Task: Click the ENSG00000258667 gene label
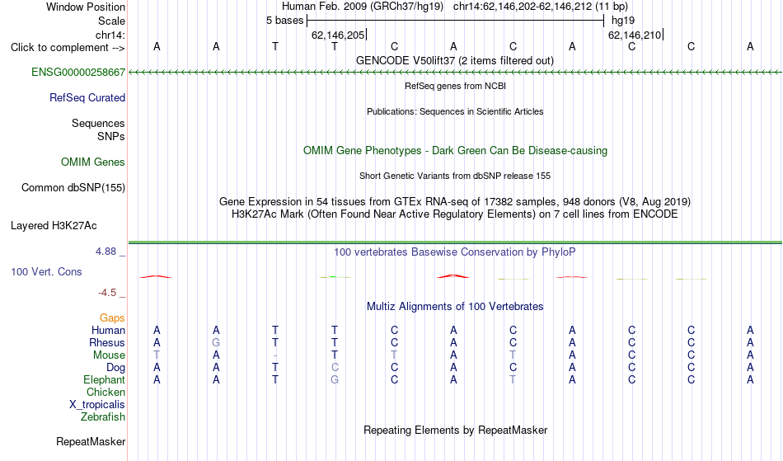[x=78, y=73]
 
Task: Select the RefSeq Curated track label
[x=87, y=98]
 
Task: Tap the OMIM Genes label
[x=92, y=162]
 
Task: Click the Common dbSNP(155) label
[x=73, y=188]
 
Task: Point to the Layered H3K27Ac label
[x=54, y=226]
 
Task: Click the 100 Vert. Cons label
[x=46, y=271]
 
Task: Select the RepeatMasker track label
[x=91, y=441]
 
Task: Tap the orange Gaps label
[x=112, y=318]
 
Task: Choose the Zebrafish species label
[x=103, y=417]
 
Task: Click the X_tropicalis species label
[x=97, y=405]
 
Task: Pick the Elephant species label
[x=104, y=380]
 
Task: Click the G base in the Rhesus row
[x=216, y=342]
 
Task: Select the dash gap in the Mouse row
[x=275, y=355]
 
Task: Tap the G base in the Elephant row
[x=335, y=380]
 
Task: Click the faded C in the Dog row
[x=335, y=368]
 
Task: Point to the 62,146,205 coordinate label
[x=338, y=35]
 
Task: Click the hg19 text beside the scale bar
[x=623, y=21]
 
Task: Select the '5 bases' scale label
[x=284, y=21]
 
